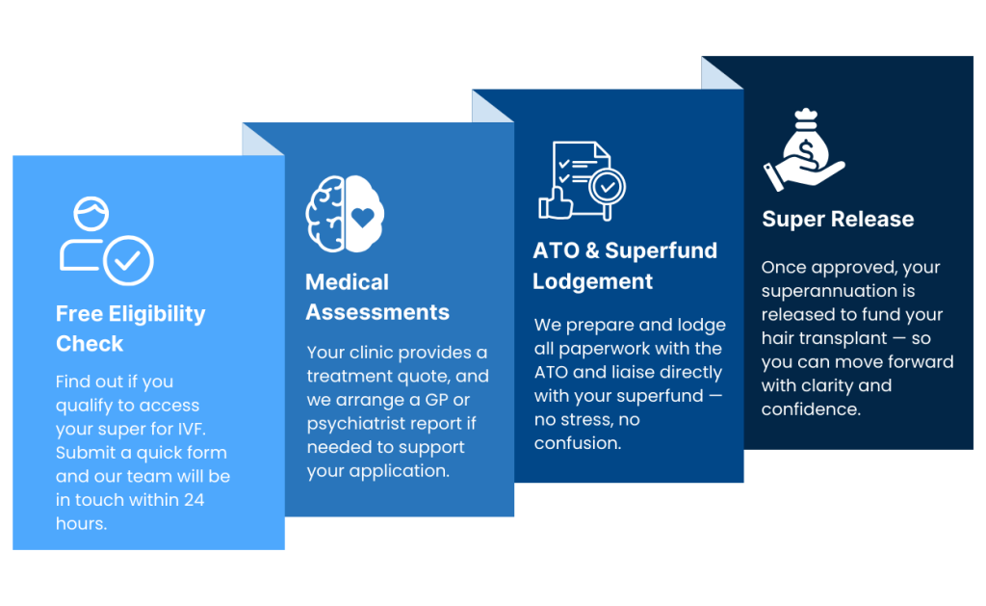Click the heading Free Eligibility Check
tap(131, 329)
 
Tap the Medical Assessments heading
tap(377, 297)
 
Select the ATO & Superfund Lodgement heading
tap(624, 266)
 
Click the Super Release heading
tap(838, 219)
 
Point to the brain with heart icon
tap(345, 214)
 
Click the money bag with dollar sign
tap(806, 141)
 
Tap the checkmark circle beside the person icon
tap(128, 260)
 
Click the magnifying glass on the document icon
tap(607, 189)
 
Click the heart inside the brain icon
tap(363, 217)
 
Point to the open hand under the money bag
tap(804, 173)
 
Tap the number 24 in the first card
tap(195, 500)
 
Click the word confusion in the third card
tap(578, 443)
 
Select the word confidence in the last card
tap(811, 409)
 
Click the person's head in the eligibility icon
tap(91, 213)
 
